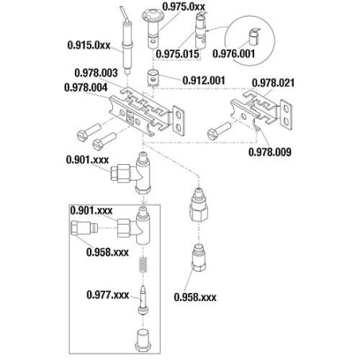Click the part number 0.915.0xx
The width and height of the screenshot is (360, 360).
click(88, 45)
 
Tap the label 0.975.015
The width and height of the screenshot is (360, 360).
click(178, 54)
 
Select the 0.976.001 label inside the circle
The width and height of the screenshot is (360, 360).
click(233, 53)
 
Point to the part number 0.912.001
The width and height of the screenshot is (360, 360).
click(204, 80)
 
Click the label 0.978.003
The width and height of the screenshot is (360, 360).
click(96, 72)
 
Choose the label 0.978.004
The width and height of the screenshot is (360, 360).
click(86, 88)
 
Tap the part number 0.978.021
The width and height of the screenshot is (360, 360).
click(273, 83)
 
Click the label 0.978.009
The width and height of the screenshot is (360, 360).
click(270, 152)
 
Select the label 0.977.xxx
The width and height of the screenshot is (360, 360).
click(108, 295)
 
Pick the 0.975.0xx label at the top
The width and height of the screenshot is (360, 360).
click(184, 7)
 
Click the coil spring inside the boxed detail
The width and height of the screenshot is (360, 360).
click(143, 264)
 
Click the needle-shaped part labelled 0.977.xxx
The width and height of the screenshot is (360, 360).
click(143, 300)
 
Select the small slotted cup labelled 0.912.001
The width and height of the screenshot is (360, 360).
click(153, 78)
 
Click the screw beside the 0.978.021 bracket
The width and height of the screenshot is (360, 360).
click(219, 130)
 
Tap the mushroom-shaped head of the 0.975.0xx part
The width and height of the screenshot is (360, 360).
click(151, 14)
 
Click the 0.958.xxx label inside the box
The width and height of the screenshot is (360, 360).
click(108, 252)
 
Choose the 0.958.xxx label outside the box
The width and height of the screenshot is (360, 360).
click(195, 297)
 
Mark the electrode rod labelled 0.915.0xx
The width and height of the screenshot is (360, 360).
click(127, 41)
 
